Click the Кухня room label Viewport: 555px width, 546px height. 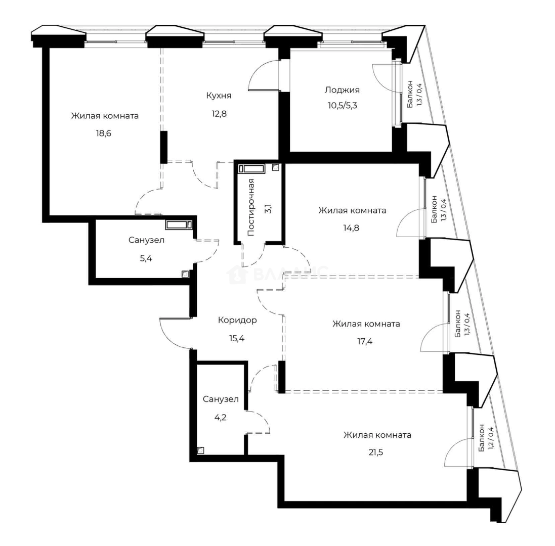[219, 96]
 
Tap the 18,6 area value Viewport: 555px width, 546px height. [103, 133]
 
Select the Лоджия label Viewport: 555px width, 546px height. [342, 90]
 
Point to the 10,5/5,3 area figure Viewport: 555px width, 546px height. [343, 105]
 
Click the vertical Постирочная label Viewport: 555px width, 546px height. [251, 207]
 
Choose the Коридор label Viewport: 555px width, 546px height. [237, 321]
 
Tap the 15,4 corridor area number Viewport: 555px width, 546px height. [237, 338]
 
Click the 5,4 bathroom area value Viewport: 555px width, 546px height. [146, 258]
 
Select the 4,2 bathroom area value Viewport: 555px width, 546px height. [220, 417]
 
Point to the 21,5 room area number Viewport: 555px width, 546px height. [376, 452]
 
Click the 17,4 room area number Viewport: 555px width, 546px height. [365, 341]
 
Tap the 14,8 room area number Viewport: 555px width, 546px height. [351, 227]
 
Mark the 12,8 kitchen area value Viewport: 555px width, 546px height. [219, 114]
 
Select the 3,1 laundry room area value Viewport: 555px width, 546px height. [268, 208]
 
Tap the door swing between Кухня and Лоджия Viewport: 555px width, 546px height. [264, 75]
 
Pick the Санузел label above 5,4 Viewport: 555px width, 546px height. [146, 241]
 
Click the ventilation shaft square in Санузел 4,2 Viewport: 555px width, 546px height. [201, 450]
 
